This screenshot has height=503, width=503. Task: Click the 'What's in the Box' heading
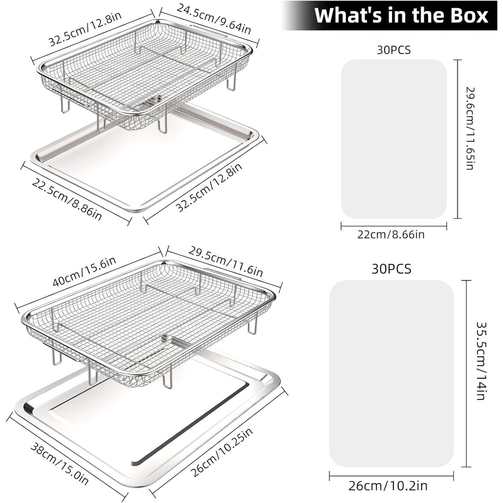tap(401, 15)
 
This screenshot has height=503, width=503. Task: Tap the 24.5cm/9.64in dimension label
tap(214, 19)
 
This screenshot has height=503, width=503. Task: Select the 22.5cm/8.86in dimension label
tap(67, 199)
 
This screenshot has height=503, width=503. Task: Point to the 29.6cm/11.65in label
tap(470, 129)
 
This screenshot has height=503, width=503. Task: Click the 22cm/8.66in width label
tap(391, 234)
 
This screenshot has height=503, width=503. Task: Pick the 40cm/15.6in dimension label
tap(84, 272)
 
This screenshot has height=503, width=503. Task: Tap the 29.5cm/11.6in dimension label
tap(225, 261)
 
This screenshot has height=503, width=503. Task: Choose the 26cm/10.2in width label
tap(388, 486)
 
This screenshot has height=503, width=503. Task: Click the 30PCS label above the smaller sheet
tap(394, 50)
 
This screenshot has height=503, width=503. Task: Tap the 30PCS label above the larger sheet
tap(391, 269)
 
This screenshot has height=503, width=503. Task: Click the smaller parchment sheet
tap(394, 139)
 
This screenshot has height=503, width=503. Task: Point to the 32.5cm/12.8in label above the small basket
tap(85, 29)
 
